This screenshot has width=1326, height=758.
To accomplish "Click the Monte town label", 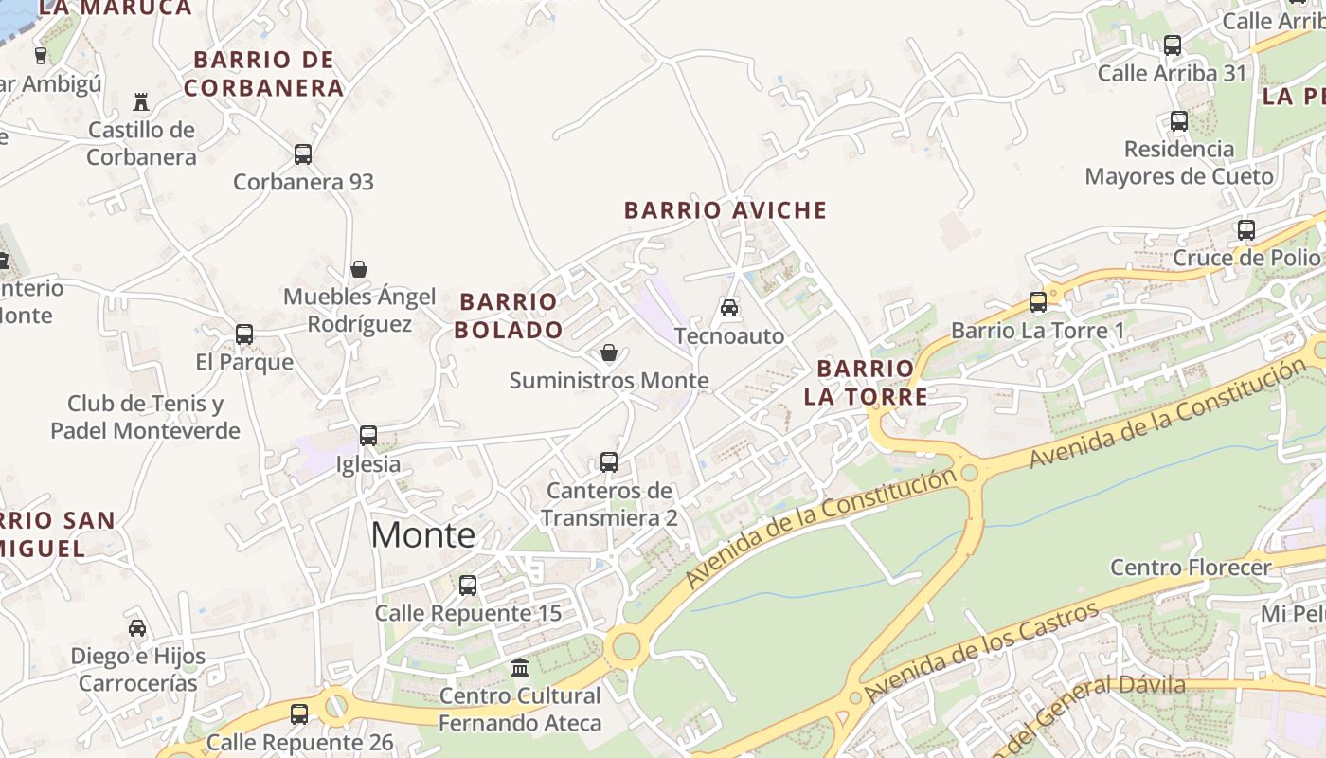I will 422,535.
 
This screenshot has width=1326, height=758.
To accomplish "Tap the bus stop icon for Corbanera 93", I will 303,153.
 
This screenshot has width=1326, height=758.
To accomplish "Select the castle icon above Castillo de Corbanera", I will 141,101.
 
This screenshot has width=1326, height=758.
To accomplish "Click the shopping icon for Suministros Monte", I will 609,352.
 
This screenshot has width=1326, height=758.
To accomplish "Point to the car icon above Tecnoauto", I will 729,307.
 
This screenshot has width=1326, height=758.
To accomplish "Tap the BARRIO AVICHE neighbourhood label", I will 726,210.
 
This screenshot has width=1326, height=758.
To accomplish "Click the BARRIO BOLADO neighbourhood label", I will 509,316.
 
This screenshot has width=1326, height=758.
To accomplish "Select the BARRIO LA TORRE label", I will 866,382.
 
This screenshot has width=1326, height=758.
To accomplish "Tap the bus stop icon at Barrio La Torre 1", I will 1038,301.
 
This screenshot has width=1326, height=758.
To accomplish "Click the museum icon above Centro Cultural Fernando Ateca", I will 520,667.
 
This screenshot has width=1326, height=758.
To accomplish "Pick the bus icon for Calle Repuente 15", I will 468,585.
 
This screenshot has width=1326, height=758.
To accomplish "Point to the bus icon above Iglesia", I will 368,436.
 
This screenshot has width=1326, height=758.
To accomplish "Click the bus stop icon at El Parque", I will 244,334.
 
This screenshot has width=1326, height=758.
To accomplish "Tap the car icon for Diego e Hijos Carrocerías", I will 137,627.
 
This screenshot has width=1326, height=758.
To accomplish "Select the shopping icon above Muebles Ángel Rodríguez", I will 359,269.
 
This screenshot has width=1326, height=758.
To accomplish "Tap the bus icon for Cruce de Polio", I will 1246,229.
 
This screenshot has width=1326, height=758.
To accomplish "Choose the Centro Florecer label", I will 1191,568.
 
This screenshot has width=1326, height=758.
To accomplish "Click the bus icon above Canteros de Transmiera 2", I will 609,462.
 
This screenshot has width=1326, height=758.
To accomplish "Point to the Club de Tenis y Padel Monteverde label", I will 145,417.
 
